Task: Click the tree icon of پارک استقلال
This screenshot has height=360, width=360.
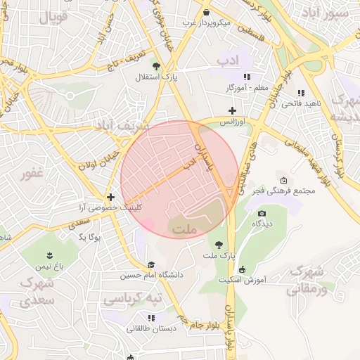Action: pos(155,67)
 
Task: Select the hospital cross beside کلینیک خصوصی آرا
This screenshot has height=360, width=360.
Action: pos(110,197)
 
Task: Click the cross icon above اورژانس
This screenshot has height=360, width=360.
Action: pos(233,110)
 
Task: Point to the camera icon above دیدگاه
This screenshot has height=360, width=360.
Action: pos(262,213)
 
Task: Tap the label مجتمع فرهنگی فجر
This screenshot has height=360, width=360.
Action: pos(257,191)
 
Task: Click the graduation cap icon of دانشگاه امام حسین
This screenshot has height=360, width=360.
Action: pos(150,264)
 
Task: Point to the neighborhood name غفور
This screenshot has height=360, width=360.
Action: pos(32,173)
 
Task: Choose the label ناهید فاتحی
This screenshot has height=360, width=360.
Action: pos(301,103)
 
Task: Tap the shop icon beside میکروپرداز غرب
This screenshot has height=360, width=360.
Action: pos(206,13)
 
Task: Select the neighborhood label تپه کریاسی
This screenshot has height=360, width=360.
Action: pos(132,299)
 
